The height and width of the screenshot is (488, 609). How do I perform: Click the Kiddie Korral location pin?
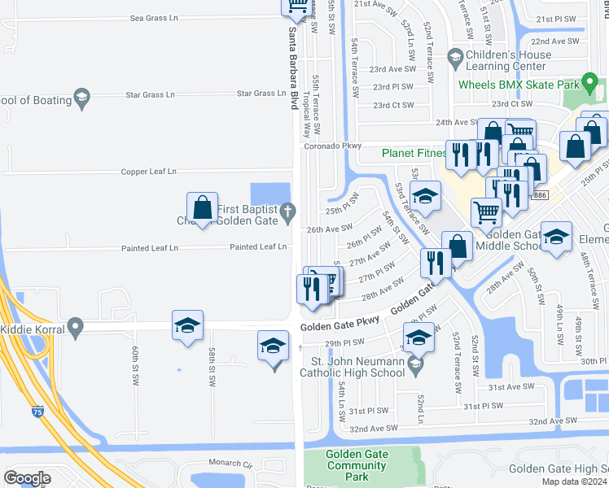point(76,329)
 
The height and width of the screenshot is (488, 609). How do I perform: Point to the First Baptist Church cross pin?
point(287,214)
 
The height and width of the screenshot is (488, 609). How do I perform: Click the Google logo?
point(27,477)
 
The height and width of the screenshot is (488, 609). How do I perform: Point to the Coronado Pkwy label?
point(332,146)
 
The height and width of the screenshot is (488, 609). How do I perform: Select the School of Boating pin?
point(81,98)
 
